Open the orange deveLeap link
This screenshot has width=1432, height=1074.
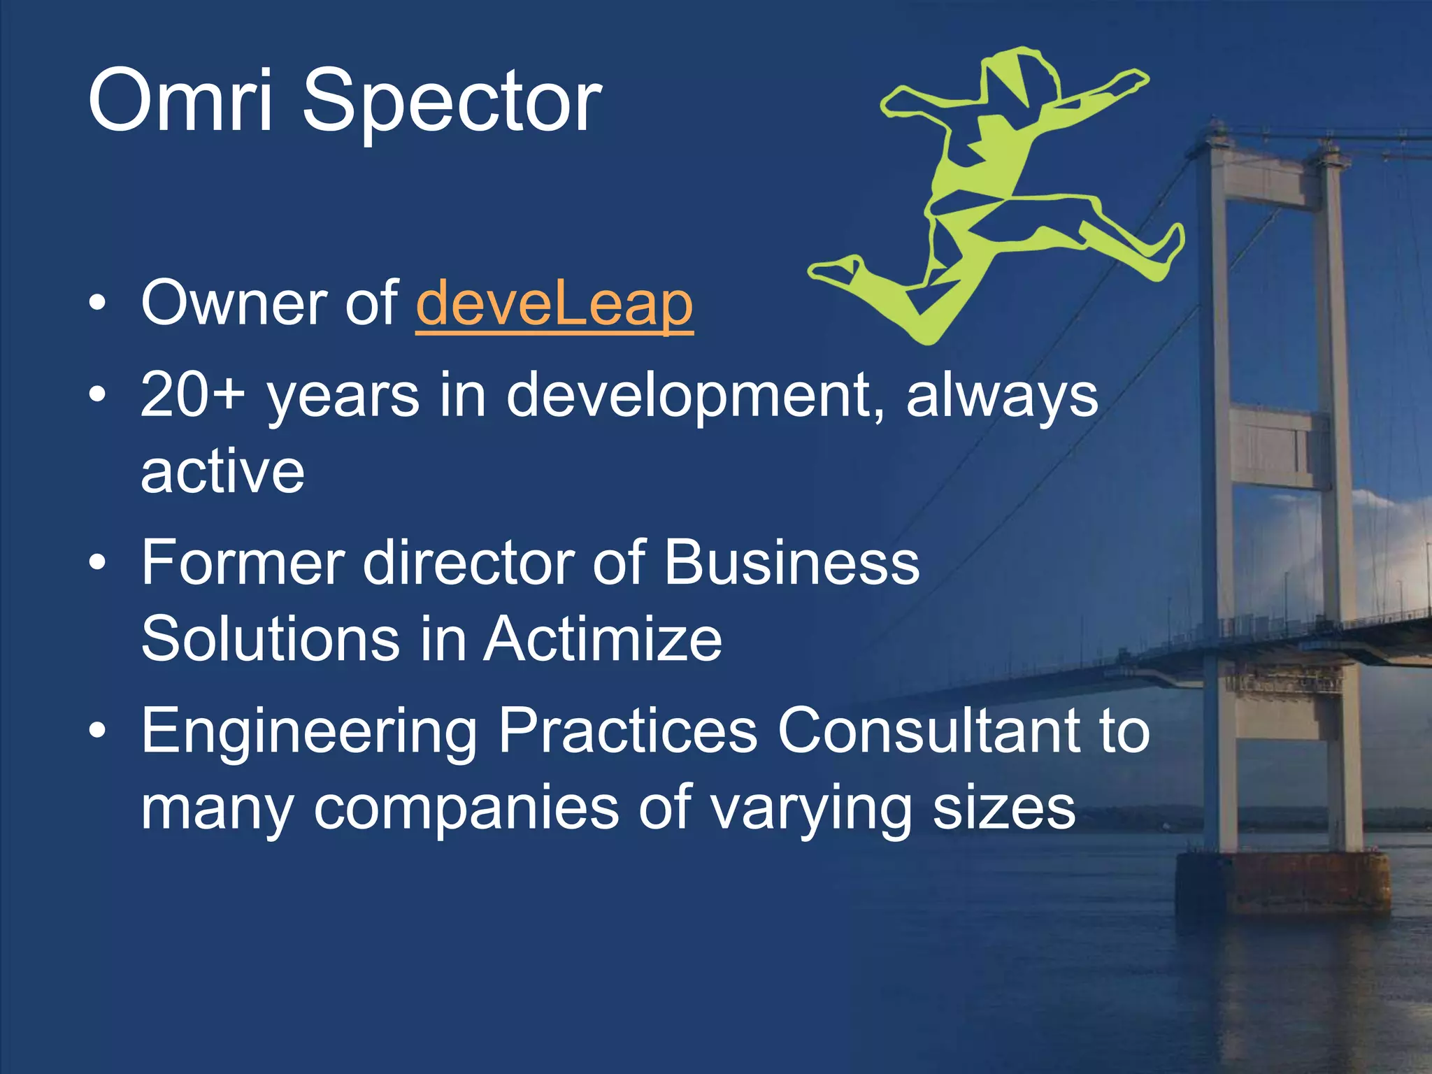point(554,304)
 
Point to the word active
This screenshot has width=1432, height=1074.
point(222,471)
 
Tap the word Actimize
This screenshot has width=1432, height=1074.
point(603,639)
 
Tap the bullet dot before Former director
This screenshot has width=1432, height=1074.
point(98,562)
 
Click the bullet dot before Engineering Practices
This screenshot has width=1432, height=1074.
point(98,730)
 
